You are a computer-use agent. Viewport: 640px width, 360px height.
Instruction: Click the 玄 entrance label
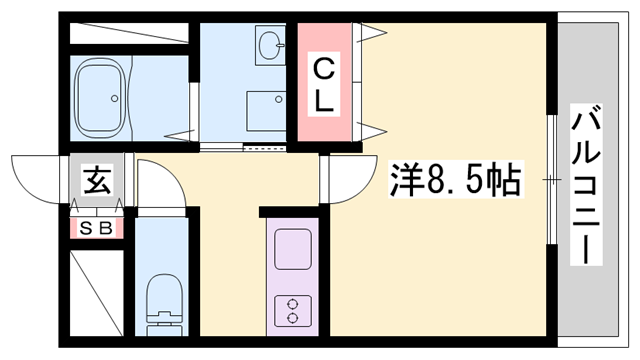point(96,181)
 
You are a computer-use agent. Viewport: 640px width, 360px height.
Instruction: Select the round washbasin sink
point(270,46)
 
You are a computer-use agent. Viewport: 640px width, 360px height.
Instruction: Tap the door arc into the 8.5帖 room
point(343,179)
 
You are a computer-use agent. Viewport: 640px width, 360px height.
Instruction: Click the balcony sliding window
point(551,180)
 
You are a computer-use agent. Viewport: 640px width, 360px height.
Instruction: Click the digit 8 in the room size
point(438,180)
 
